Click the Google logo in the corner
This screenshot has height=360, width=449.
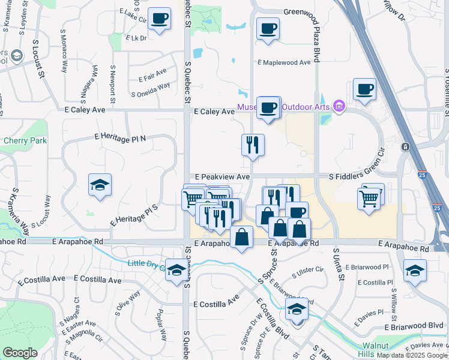pos(20,353)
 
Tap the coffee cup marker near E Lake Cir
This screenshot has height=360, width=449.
pos(159,19)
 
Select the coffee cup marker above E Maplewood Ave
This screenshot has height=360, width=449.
pos(268,28)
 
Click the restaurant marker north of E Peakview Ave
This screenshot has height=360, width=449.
pos(253,145)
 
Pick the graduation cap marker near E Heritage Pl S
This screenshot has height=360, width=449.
pos(100,184)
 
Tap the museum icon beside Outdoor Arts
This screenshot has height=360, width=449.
pos(339,107)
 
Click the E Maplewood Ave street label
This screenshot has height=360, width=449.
pos(284,62)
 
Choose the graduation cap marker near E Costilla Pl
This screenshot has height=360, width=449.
pos(415,269)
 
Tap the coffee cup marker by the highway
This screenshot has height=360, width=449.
pos(364,89)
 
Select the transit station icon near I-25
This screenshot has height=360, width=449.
pos(406,146)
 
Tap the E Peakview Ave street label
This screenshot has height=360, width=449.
pos(221,177)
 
